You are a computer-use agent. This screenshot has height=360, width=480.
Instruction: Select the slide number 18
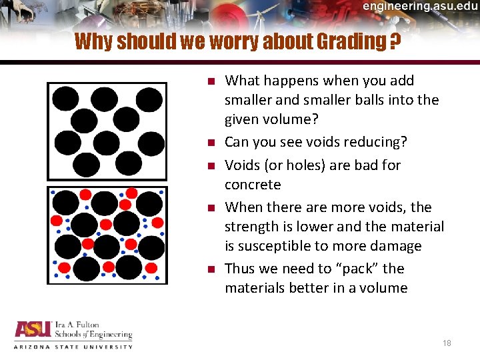[447, 343]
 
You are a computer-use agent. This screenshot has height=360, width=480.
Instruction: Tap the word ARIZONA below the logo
[31, 347]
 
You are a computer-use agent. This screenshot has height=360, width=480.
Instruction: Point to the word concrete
[253, 184]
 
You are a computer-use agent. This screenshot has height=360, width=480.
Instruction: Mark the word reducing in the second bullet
[379, 142]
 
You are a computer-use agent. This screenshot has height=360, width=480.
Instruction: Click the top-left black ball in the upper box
[65, 99]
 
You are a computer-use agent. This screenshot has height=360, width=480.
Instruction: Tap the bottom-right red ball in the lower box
[151, 267]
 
